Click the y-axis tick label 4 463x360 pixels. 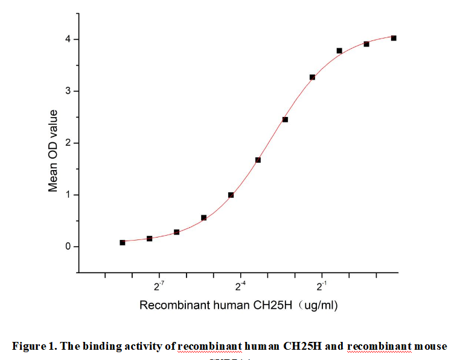coord(68,39)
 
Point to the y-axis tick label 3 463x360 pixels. coord(68,91)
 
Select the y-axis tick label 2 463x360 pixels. coord(68,143)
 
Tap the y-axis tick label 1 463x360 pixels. coord(68,195)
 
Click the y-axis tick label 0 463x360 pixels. coord(68,247)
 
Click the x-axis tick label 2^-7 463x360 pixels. coord(159,285)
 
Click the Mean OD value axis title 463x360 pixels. coord(53,151)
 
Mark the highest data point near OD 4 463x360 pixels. coord(394,38)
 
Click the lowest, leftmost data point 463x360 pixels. coord(123,242)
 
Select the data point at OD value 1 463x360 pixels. coord(231,195)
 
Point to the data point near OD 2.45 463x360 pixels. coord(285,119)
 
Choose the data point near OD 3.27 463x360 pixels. coord(312,77)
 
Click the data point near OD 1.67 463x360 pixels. coord(258,160)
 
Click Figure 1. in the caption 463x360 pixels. coord(33,346)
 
